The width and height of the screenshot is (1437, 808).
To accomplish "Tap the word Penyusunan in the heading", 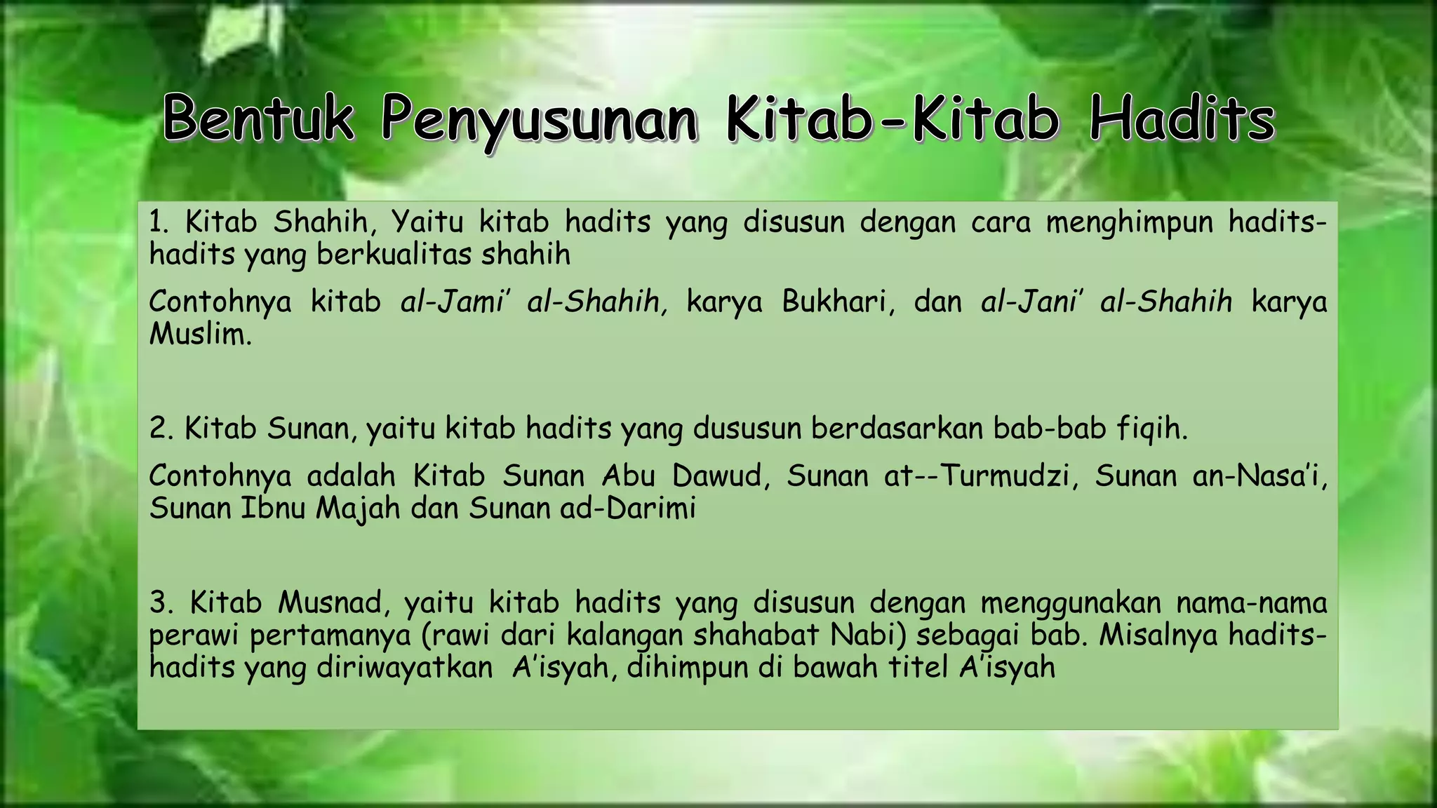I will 540,119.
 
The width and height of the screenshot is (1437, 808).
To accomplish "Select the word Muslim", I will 199,334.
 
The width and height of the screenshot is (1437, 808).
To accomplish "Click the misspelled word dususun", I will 747,428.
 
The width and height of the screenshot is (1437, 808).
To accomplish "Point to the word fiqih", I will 1151,428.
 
